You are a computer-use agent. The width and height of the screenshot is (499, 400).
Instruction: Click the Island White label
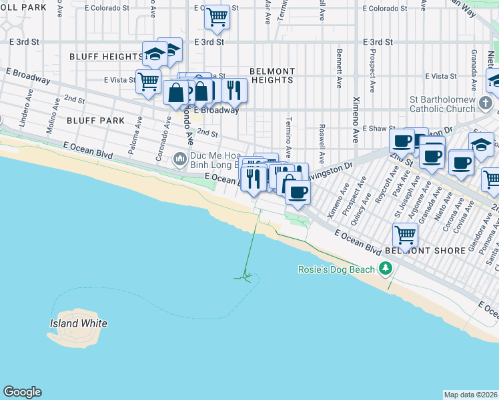[x=78, y=323]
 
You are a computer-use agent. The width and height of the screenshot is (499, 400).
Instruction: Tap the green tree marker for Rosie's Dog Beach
[x=385, y=269]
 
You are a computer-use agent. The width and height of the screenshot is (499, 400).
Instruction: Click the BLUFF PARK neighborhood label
[x=95, y=121]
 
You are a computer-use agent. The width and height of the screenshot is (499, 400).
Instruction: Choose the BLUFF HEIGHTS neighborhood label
[x=106, y=57]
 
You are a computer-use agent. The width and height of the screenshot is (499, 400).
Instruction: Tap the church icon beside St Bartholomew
[x=486, y=103]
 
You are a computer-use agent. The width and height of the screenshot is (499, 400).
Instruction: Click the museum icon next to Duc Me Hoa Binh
[x=179, y=159]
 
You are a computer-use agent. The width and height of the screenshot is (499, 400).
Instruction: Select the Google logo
[x=21, y=392]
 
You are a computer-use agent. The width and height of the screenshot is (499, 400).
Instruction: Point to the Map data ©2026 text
[x=470, y=394]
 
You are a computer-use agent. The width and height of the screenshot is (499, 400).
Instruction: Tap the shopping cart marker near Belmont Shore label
[x=405, y=235]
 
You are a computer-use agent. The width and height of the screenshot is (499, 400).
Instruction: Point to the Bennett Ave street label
[x=339, y=68]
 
